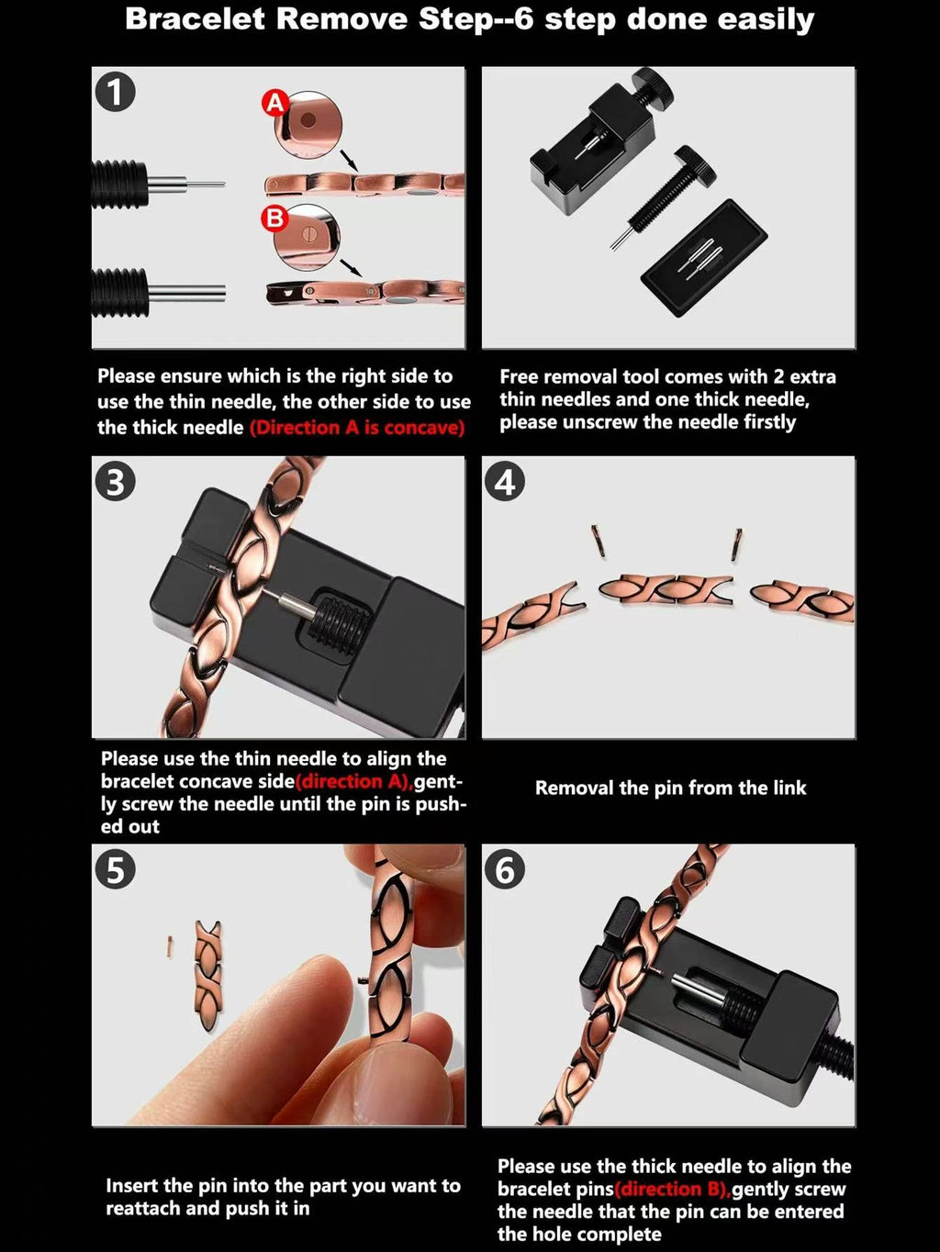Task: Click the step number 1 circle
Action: tap(116, 92)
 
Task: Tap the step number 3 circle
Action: tap(116, 482)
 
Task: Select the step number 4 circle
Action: tap(505, 482)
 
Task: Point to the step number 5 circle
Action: tap(116, 869)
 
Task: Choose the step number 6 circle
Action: tap(505, 869)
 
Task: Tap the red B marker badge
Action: tap(274, 219)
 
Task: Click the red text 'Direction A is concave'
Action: tap(357, 428)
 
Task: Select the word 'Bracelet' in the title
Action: tap(196, 19)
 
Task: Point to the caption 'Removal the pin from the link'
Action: tap(670, 788)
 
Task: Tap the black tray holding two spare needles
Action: tap(703, 257)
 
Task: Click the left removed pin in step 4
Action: tap(598, 542)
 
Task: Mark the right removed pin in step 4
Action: tap(736, 543)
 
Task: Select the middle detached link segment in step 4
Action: tap(666, 589)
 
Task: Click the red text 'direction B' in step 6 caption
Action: tap(672, 1190)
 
